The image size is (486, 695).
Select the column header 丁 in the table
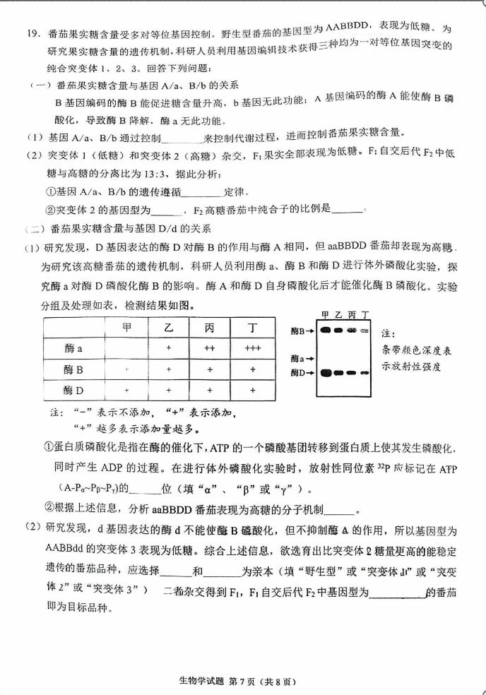(x=252, y=329)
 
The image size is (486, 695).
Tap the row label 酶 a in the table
(x=74, y=349)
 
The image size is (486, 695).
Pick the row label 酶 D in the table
(x=73, y=390)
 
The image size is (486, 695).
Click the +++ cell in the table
(x=252, y=349)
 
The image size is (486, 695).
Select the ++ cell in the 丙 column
(x=210, y=349)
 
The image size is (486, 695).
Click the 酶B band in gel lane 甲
(x=325, y=330)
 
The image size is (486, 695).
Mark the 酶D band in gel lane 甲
(x=325, y=372)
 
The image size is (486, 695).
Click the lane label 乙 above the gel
(x=338, y=314)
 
